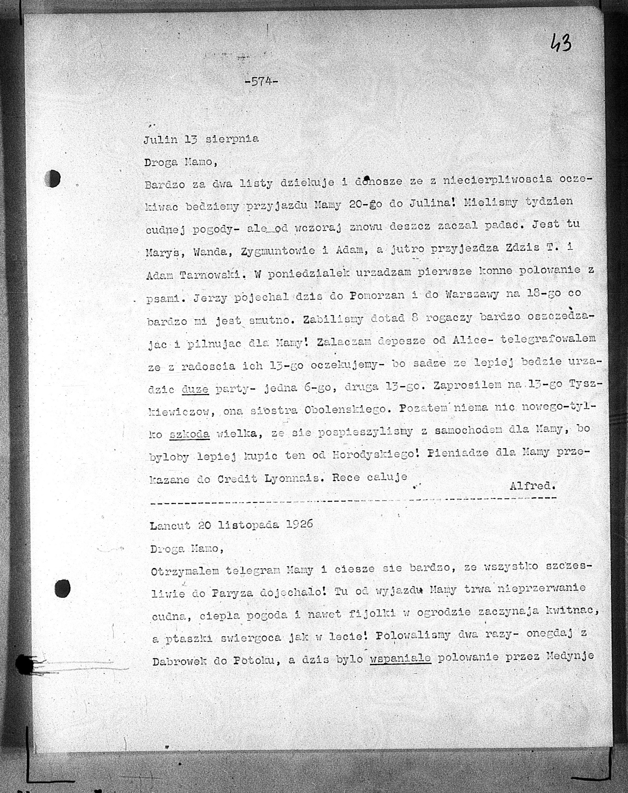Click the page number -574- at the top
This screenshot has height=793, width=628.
[261, 81]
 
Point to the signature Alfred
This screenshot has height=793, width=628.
[532, 486]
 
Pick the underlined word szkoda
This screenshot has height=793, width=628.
[189, 434]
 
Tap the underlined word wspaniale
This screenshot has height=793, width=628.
[400, 657]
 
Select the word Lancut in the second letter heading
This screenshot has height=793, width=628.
[170, 525]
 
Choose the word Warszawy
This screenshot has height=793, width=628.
[472, 294]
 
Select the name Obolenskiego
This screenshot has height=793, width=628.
[344, 410]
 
